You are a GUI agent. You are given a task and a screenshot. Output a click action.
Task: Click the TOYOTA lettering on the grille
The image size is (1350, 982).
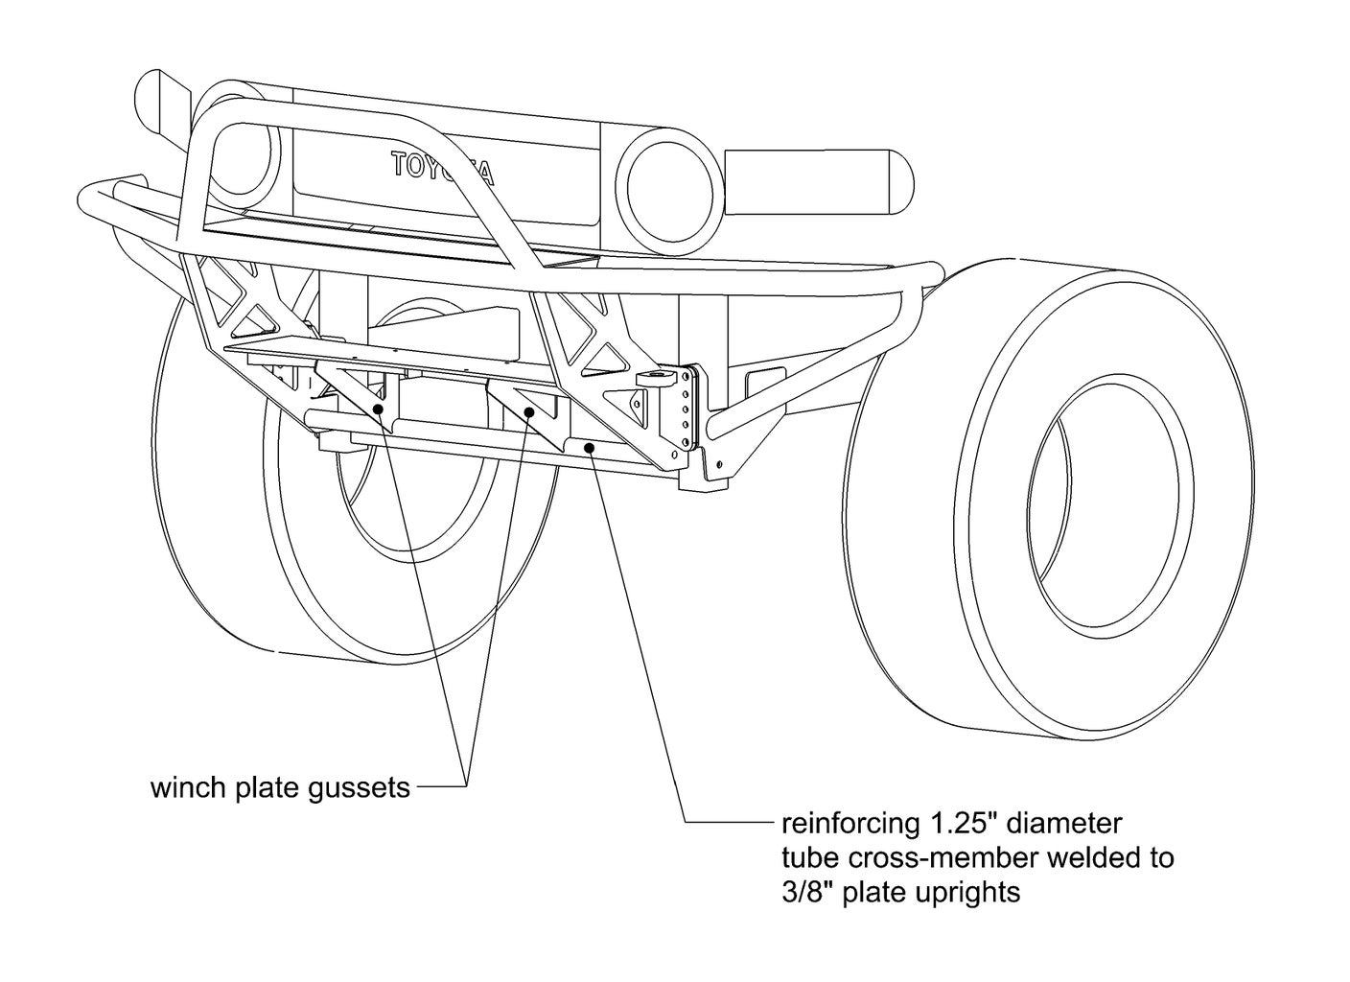point(443,168)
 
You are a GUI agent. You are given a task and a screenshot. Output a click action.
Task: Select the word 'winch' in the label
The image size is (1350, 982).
point(186,788)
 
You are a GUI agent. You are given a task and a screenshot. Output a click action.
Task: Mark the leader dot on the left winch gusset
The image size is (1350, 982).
point(379,409)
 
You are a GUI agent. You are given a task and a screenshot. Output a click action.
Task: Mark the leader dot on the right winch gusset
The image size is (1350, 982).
point(529,411)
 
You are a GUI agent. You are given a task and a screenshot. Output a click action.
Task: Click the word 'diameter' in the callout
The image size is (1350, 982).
point(1064,823)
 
